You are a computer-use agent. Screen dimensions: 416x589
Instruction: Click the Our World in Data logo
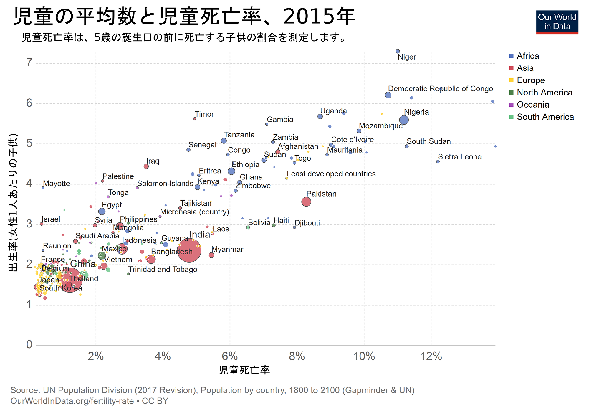tap(557, 22)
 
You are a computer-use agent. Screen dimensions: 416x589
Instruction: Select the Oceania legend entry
tap(533, 105)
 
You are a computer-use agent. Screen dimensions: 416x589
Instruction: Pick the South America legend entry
tap(545, 117)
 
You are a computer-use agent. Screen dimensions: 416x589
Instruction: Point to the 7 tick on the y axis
tap(29, 63)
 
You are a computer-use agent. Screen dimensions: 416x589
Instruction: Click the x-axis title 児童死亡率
tap(244, 370)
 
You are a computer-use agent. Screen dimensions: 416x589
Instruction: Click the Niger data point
tap(398, 51)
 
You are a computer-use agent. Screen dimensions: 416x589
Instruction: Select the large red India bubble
tap(189, 250)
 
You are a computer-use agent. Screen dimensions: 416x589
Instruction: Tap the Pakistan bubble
tap(306, 202)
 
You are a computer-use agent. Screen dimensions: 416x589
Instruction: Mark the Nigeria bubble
tap(404, 120)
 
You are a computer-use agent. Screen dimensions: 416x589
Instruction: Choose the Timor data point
tap(195, 118)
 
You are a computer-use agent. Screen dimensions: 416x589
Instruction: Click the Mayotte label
tap(57, 184)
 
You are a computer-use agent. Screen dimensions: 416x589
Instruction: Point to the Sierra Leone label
tap(459, 157)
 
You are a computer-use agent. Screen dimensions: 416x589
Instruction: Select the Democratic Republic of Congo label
tap(440, 89)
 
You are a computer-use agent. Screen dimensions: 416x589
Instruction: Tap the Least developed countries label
tap(331, 174)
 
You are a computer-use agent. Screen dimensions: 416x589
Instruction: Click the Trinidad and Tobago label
tap(163, 270)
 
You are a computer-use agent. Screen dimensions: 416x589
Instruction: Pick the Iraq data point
tap(146, 166)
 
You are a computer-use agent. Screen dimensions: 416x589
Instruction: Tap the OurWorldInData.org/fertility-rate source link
tap(72, 401)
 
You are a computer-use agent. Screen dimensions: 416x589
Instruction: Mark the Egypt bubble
tap(102, 211)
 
